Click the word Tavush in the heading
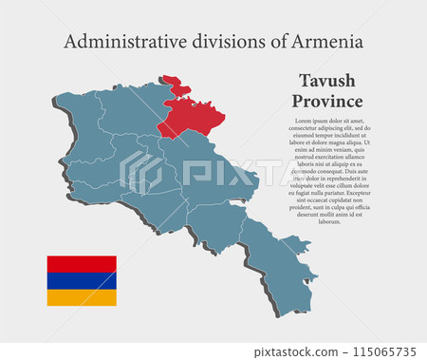[x=327, y=81]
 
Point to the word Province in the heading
[x=327, y=101]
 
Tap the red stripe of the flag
[x=82, y=263]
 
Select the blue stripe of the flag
[x=82, y=280]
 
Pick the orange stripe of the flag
[x=82, y=297]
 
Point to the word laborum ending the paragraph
[x=328, y=221]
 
